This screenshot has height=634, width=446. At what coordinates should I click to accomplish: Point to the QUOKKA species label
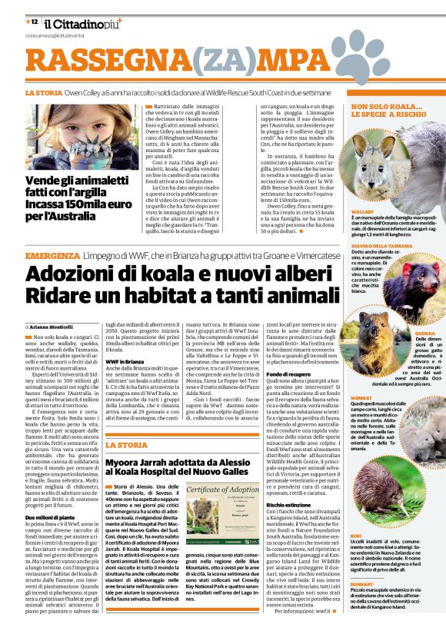coord(426,332)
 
